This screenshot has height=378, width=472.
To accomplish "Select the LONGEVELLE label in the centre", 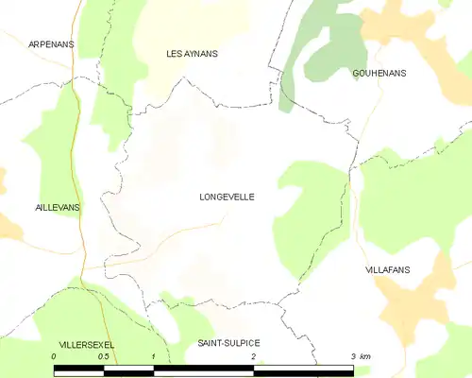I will pyautogui.click(x=227, y=198).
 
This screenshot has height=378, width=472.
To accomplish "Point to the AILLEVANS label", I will pyautogui.click(x=33, y=206).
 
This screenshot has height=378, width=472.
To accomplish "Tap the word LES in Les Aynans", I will pyautogui.click(x=176, y=54).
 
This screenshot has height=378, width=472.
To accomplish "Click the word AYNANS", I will pyautogui.click(x=202, y=54).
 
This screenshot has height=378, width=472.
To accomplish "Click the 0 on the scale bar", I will pyautogui.click(x=55, y=356).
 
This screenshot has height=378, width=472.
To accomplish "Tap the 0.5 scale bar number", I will pyautogui.click(x=104, y=356).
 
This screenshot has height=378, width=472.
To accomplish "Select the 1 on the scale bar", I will pyautogui.click(x=154, y=356).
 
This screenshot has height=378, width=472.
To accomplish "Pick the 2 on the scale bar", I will pyautogui.click(x=254, y=356).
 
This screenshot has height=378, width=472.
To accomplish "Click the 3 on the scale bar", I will pyautogui.click(x=352, y=356).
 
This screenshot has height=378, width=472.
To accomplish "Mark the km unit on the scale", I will pyautogui.click(x=365, y=356).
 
